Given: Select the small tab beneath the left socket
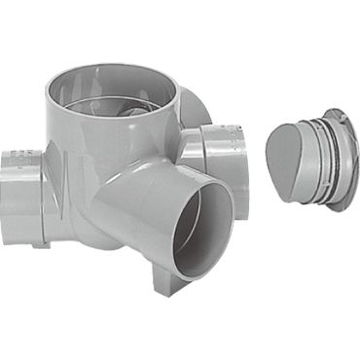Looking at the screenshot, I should tap(39, 243).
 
